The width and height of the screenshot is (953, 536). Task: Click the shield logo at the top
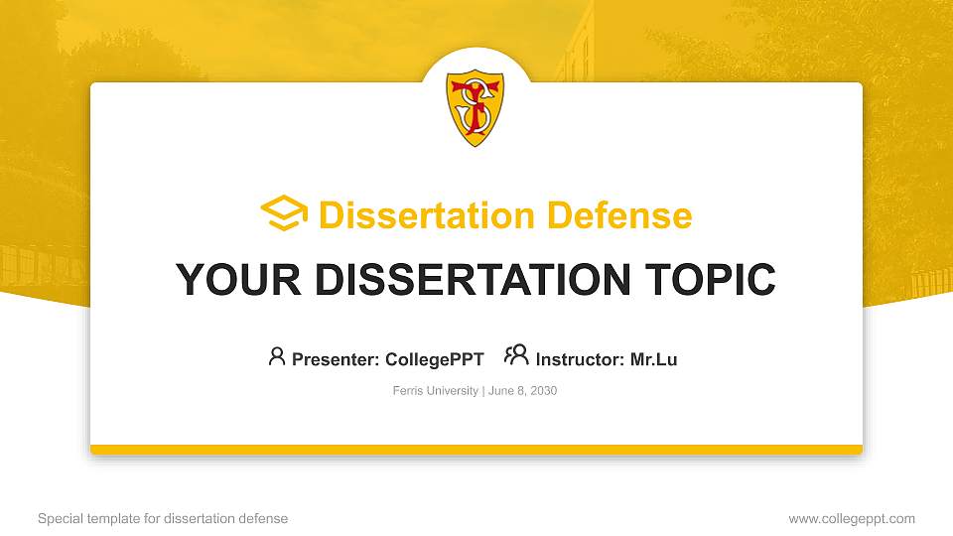476,107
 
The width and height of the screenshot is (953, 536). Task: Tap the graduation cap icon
284,214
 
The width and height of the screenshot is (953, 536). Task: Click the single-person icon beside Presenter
277,356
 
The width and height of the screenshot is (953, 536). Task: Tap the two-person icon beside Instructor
516,356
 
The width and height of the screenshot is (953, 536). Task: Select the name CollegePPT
434,359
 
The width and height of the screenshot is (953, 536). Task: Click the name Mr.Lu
653,359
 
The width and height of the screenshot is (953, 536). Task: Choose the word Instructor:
580,359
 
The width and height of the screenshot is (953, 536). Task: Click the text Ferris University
435,391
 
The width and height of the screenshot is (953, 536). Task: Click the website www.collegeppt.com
851,519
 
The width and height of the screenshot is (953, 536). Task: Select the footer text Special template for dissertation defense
163,519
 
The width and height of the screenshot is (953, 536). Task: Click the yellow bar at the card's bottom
476,450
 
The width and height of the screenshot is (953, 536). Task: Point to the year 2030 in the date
543,391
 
